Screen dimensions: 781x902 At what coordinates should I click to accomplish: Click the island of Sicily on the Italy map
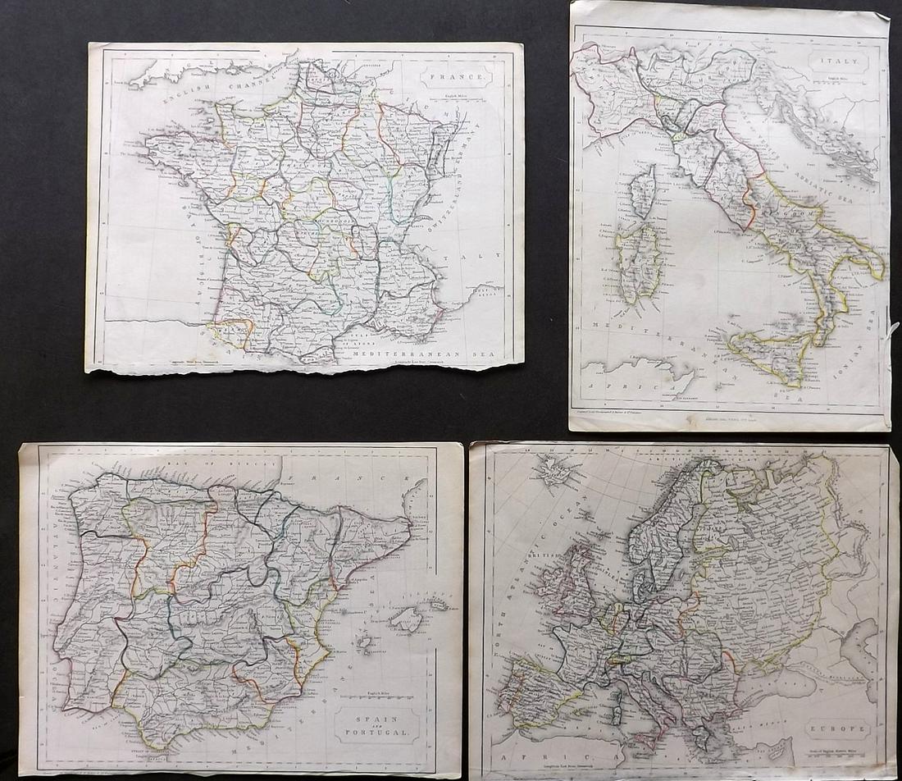point(768,354)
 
